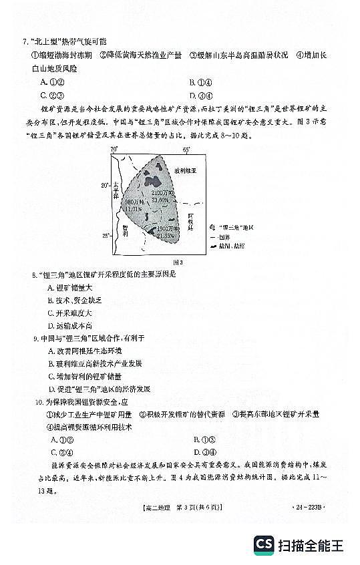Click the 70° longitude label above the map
pyautogui.click(x=114, y=148)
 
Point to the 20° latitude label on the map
pyautogui.click(x=105, y=184)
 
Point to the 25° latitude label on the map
pyautogui.click(x=105, y=236)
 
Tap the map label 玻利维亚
pyautogui.click(x=185, y=171)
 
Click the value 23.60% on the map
pyautogui.click(x=160, y=200)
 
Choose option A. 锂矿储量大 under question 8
pyautogui.click(x=70, y=287)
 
